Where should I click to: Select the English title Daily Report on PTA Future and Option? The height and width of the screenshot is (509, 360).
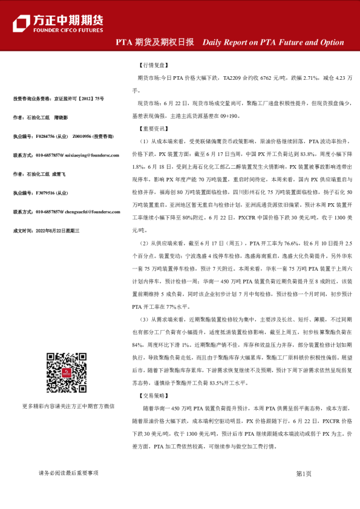[x=273, y=42]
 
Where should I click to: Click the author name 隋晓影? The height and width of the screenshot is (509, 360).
[x=61, y=117]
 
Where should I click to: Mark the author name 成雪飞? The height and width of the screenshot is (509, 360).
[x=58, y=175]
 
